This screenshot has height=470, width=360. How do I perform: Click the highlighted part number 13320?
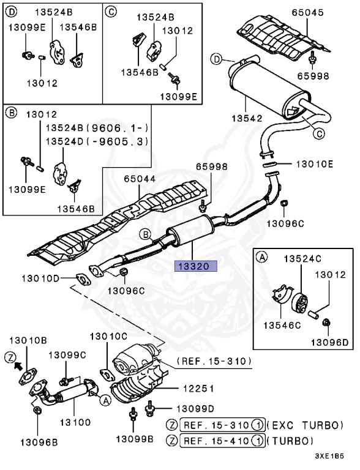[194, 266]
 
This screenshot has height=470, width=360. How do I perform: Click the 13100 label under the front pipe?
[74, 422]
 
